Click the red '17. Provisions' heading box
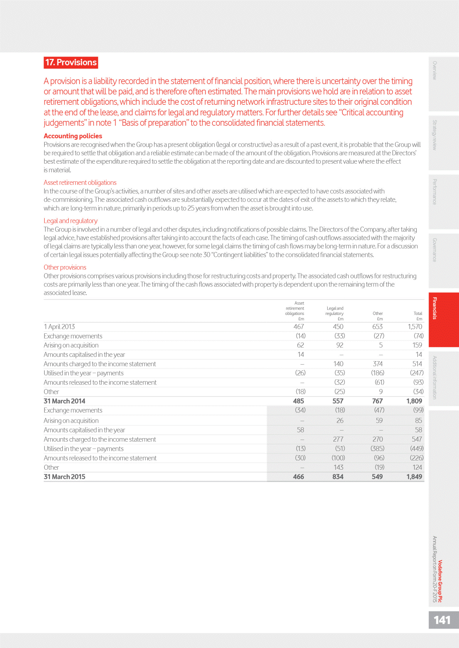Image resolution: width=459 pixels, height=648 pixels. (x=71, y=62)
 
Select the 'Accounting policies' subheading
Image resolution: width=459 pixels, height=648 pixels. (x=73, y=136)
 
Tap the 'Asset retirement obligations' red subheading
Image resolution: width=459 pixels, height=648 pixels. (x=80, y=183)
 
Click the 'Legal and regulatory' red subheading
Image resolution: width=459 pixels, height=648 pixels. (x=71, y=221)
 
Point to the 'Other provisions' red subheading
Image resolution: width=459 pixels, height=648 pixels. (x=65, y=267)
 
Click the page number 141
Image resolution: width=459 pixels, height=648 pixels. (x=442, y=620)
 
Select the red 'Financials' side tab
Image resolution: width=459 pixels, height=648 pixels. (x=435, y=308)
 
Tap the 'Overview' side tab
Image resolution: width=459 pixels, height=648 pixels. (x=435, y=70)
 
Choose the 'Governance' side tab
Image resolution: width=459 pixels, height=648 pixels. (x=435, y=250)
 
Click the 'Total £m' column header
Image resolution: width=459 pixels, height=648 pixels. (x=418, y=316)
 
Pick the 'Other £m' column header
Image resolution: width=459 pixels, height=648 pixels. (x=378, y=316)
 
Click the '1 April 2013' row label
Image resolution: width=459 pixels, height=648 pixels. (x=59, y=327)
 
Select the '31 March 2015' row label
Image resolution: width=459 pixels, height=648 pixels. (x=64, y=477)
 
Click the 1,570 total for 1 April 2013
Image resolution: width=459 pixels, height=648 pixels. (x=415, y=327)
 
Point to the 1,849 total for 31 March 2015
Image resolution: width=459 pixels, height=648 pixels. (x=414, y=477)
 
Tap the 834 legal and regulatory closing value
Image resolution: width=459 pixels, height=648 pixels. (x=338, y=477)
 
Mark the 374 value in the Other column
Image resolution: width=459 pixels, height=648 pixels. (x=378, y=364)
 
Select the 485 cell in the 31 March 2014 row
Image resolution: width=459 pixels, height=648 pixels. (x=298, y=401)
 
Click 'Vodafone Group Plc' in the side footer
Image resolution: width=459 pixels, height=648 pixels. (x=440, y=581)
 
